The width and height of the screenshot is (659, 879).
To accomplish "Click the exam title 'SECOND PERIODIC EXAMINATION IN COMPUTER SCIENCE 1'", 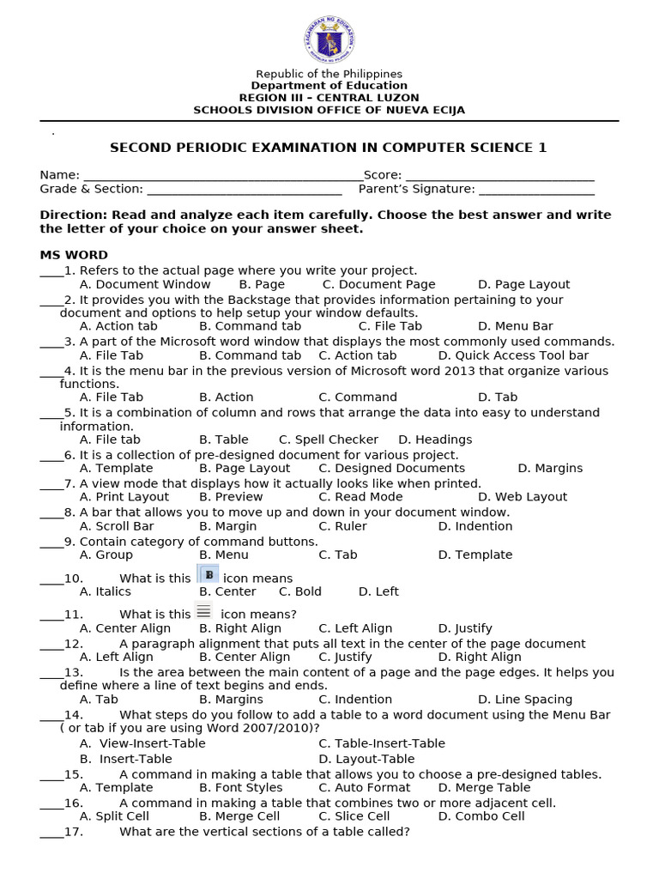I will pos(329,148).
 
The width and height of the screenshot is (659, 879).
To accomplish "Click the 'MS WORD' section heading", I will pos(74,255).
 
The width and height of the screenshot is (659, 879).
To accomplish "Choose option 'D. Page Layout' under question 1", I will pos(523,284).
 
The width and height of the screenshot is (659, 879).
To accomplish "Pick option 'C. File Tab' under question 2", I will pos(390,326).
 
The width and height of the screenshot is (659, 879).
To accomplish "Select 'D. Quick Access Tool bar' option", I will pos(513,355).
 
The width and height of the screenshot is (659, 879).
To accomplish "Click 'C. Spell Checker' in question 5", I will pos(329,439).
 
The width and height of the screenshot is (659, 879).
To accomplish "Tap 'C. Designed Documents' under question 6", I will pos(391,469).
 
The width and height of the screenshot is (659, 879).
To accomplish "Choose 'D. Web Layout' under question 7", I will pos(523,497).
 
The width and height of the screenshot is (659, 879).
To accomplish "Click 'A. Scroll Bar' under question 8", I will pos(117,526).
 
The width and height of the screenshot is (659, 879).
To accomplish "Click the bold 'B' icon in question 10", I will pos(209,575).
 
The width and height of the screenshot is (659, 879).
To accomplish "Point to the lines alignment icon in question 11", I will pos(203,611).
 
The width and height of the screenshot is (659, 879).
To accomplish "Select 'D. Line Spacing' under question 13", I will pos(525,700).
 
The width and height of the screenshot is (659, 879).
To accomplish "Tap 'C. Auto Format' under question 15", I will pos(364,787).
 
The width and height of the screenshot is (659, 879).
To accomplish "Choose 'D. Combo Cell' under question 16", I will pos(481,816).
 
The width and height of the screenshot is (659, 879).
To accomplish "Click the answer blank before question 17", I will pos(51,834).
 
